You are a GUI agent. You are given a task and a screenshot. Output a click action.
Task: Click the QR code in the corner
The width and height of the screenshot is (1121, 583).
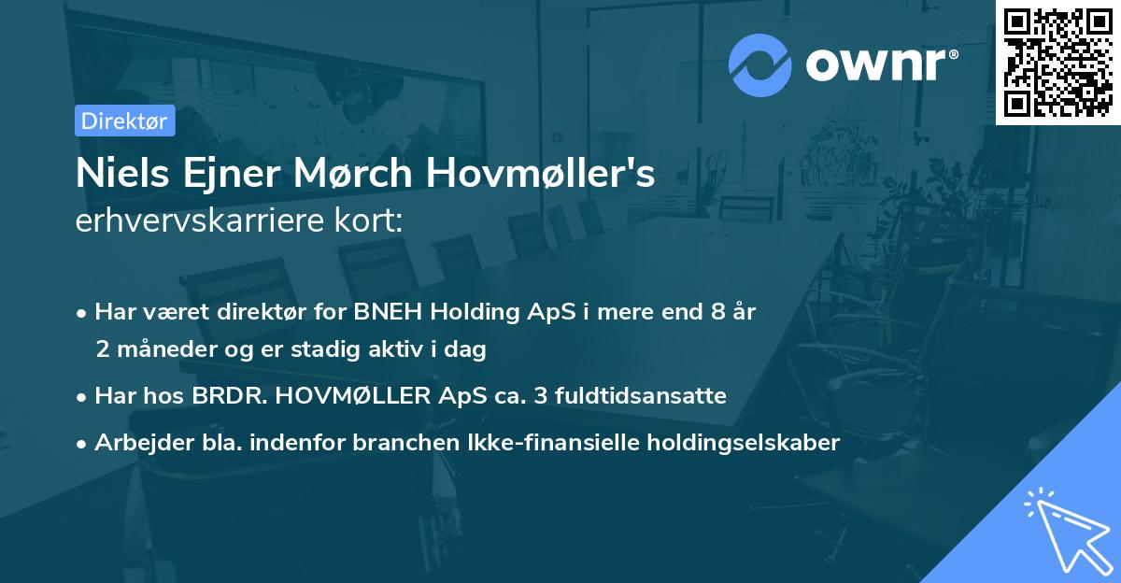pos(1057,63)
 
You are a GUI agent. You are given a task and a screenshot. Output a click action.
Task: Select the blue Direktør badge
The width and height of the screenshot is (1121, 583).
pos(124,121)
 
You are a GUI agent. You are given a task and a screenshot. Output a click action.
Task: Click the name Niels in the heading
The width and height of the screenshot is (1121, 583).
pos(113,175)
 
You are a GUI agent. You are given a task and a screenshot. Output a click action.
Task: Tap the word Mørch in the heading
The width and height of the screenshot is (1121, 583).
pos(374,175)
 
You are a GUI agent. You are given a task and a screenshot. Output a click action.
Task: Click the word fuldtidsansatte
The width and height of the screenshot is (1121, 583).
pos(640,395)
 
